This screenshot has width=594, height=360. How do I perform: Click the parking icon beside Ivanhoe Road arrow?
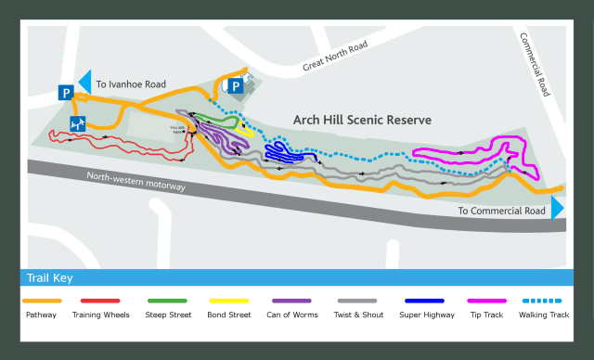[67, 92]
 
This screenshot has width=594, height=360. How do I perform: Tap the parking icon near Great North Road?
[236, 87]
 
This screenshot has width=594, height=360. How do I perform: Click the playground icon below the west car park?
[76, 122]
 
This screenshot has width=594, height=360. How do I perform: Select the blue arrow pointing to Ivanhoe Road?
[84, 83]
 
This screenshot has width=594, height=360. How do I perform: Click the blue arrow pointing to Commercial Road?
[557, 207]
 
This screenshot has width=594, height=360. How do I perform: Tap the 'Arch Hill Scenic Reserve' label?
[361, 121]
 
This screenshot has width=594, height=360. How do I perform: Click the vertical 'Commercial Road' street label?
[536, 66]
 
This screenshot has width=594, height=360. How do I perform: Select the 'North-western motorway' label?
[136, 181]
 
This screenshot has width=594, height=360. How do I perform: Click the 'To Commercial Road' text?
[502, 211]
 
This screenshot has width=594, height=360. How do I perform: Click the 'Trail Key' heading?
[50, 277]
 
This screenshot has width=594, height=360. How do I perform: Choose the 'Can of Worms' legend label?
[292, 315]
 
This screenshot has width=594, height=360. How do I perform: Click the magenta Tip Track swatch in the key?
[487, 301]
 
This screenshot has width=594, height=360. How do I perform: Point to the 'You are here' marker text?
[177, 130]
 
